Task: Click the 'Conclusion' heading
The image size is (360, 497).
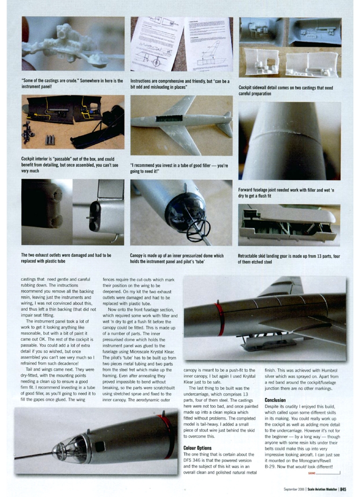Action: pyautogui.click(x=275, y=400)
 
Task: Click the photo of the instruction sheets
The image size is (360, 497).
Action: pyautogui.click(x=181, y=44)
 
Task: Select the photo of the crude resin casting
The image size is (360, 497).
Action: pyautogui.click(x=73, y=44)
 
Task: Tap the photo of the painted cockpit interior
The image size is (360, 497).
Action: pyautogui.click(x=73, y=122)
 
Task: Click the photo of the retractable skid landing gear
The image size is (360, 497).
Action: pyautogui.click(x=289, y=225)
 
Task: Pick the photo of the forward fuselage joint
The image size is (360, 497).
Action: pyautogui.click(x=289, y=141)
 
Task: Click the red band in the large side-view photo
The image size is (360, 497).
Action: pyautogui.click(x=219, y=319)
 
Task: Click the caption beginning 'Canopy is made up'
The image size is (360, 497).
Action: pyautogui.click(x=177, y=258)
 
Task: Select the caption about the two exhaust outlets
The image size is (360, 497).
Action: pyautogui.click(x=66, y=258)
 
